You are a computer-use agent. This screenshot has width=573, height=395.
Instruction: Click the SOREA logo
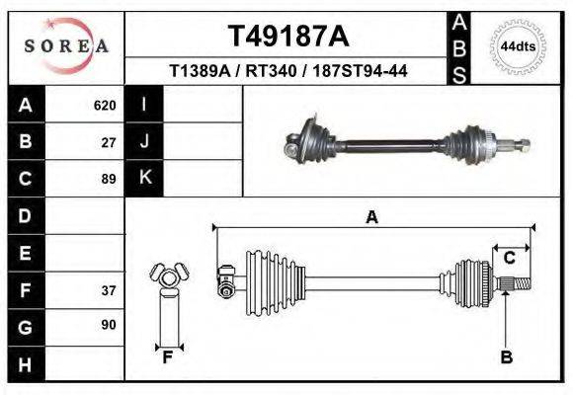[x=66, y=45]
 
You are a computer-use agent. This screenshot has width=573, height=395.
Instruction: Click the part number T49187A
[x=288, y=36]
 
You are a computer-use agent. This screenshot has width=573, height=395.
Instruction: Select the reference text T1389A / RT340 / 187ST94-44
[x=289, y=71]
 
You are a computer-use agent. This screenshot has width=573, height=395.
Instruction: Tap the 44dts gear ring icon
[x=519, y=46]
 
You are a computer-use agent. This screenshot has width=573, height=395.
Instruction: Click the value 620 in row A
[x=105, y=105]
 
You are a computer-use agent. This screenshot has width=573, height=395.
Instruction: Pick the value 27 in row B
[x=109, y=141]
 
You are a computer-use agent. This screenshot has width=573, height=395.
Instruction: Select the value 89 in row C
[x=109, y=179]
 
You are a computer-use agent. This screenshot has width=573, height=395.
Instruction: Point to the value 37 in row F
[x=109, y=290]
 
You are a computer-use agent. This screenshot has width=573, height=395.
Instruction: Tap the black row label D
[x=26, y=215]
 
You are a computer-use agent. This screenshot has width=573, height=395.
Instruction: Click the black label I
[x=144, y=105]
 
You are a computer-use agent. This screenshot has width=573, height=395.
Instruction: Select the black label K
[x=144, y=179]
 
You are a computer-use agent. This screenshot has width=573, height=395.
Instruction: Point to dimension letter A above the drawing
[x=372, y=217]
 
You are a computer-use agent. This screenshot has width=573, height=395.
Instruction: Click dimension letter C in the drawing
[x=510, y=259]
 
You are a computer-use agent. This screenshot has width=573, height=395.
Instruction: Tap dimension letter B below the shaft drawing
[x=506, y=357]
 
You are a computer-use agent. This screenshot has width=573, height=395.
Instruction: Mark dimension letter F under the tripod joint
[x=168, y=357]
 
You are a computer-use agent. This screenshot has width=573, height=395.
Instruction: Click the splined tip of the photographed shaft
[x=521, y=145]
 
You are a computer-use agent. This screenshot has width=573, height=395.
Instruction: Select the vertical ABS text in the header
[x=459, y=46]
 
